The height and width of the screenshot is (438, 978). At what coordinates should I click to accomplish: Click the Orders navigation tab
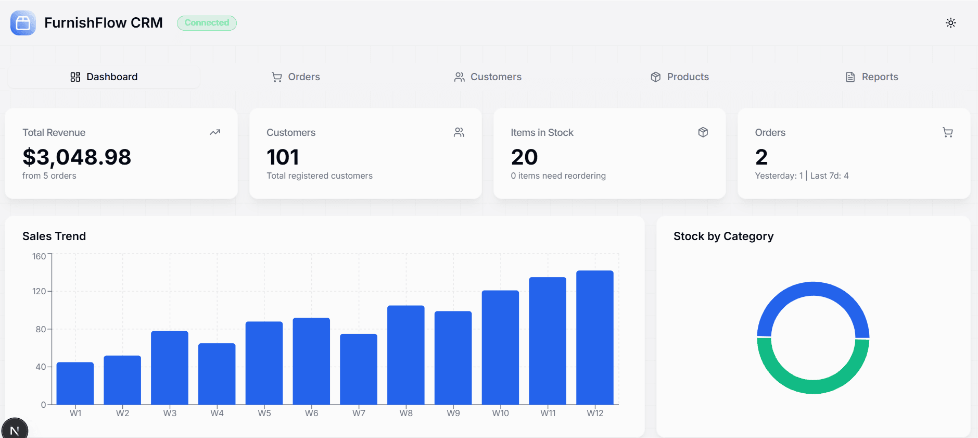tap(296, 77)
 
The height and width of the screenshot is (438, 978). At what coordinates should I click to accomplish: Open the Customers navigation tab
tap(488, 77)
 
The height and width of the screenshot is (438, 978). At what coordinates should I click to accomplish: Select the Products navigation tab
tap(680, 77)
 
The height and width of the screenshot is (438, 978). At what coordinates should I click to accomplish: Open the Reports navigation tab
tap(872, 77)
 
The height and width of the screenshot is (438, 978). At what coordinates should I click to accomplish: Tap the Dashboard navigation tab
tap(104, 77)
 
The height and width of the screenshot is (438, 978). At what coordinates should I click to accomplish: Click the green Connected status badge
tap(207, 23)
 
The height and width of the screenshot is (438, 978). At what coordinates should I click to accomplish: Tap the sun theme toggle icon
tap(950, 23)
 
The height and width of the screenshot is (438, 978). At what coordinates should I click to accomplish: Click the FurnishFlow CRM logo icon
tap(23, 23)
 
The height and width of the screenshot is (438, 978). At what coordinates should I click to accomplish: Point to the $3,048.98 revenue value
tap(77, 157)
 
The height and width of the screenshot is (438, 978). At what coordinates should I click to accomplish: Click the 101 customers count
tap(283, 157)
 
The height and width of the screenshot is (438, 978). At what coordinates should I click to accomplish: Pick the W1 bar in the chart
tap(75, 383)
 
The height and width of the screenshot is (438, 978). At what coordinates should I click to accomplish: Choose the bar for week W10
tap(500, 347)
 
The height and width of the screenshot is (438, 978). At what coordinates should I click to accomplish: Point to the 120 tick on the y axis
tap(39, 291)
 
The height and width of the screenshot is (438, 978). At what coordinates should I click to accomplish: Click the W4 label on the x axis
tap(217, 413)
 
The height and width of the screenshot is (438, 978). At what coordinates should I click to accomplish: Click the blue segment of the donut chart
tap(813, 290)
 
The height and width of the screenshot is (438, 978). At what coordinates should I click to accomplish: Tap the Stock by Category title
tap(723, 236)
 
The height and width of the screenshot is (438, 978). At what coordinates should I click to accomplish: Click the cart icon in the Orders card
tap(947, 132)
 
